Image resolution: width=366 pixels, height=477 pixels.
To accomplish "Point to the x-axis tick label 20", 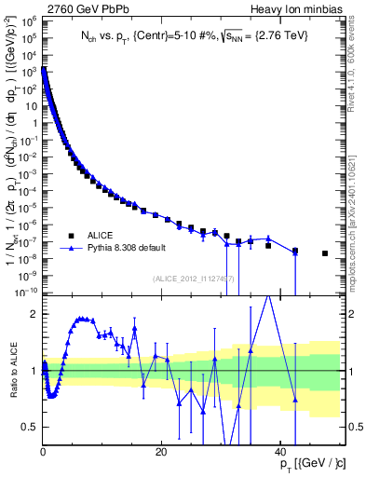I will [x=161, y=452].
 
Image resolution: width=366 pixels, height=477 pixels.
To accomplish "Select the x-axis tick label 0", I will [x=43, y=452].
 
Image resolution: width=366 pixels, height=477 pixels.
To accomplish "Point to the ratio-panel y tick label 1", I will [x=34, y=371].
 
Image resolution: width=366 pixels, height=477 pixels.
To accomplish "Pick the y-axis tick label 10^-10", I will [x=29, y=293].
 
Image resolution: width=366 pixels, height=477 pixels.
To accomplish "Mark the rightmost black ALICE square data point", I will [x=324, y=253].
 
